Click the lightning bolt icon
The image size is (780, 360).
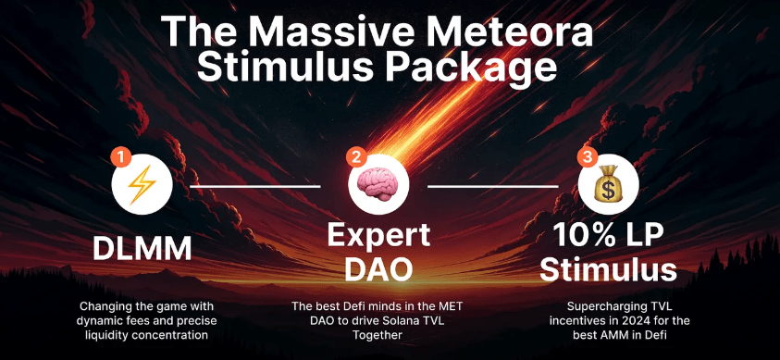(x=142, y=185)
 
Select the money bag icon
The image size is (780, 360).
(x=608, y=184)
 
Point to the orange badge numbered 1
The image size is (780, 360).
(x=120, y=159)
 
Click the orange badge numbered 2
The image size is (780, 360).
(x=356, y=158)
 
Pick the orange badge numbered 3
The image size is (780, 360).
(x=588, y=157)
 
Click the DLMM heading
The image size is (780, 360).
(x=142, y=249)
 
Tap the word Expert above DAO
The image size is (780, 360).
(x=378, y=236)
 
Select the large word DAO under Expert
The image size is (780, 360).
(x=379, y=269)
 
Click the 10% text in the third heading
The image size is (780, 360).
(x=584, y=235)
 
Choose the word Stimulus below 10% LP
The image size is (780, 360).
(x=609, y=270)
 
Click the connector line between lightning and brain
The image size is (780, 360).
(x=255, y=186)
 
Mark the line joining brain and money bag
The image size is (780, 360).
(x=492, y=186)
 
